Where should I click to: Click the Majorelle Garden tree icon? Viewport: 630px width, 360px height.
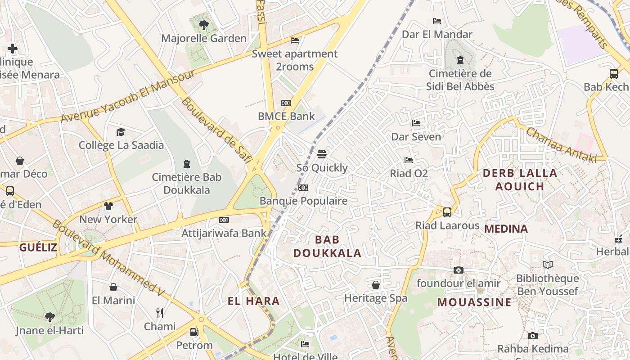tap(204, 25)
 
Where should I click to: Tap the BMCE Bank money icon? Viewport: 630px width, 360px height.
tap(286, 103)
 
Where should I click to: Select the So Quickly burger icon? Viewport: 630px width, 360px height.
tap(321, 154)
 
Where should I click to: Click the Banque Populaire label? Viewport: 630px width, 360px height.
tap(304, 201)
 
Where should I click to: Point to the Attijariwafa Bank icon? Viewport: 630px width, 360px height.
tap(224, 220)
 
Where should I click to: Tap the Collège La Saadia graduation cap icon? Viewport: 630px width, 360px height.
tap(121, 132)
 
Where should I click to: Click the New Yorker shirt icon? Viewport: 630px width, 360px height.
tap(108, 206)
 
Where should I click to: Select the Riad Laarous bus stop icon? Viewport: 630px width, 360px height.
tap(447, 212)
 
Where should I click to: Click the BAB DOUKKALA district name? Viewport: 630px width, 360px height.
tap(327, 246)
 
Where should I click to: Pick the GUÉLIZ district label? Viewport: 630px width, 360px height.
tap(38, 247)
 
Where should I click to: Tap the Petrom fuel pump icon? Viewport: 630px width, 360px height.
tap(194, 332)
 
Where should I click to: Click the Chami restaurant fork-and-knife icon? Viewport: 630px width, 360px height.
tap(159, 313)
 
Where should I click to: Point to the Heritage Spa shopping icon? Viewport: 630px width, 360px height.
tap(376, 285)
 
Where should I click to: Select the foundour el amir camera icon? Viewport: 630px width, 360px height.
tap(459, 270)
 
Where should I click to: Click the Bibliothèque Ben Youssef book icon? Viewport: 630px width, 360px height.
tap(547, 265)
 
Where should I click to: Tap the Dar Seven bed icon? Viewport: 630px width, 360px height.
tap(416, 123)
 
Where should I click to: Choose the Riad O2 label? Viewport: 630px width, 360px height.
tap(409, 173)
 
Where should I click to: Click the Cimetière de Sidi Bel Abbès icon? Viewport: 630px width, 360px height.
tap(460, 60)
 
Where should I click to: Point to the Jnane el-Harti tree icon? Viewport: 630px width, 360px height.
tap(50, 317)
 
